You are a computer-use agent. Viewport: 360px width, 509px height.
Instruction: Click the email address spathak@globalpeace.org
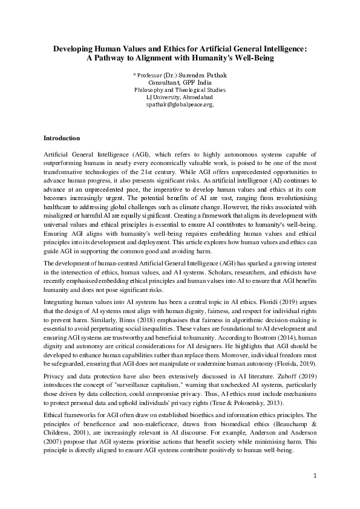click(x=180, y=105)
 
